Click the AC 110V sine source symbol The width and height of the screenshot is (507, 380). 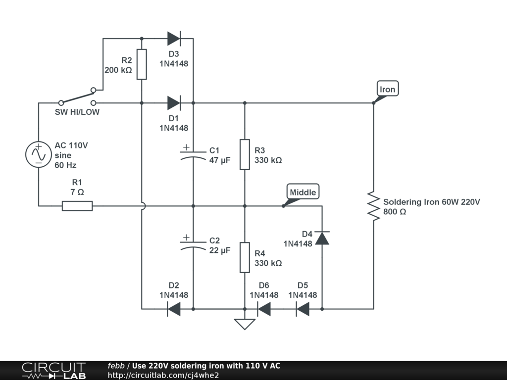pyautogui.click(x=38, y=154)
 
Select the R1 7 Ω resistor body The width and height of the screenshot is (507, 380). pyautogui.click(x=77, y=206)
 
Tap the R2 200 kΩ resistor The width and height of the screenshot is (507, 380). pyautogui.click(x=142, y=64)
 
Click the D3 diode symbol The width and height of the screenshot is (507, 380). pyautogui.click(x=173, y=39)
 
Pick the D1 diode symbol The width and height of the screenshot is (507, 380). pyautogui.click(x=173, y=103)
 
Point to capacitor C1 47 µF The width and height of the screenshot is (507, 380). pyautogui.click(x=193, y=153)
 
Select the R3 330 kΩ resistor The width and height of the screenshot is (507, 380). pyautogui.click(x=245, y=154)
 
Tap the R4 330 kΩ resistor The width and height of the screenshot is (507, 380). pyautogui.click(x=245, y=257)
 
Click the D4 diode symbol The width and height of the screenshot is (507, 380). pyautogui.click(x=322, y=238)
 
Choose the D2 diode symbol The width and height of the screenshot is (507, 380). pyautogui.click(x=173, y=309)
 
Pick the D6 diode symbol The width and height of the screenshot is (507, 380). pyautogui.click(x=264, y=309)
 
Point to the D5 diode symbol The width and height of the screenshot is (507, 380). pyautogui.click(x=303, y=309)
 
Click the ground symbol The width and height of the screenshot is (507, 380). pyautogui.click(x=245, y=324)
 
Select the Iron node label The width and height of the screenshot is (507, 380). pyautogui.click(x=387, y=89)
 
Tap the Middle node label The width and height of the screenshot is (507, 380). pyautogui.click(x=303, y=192)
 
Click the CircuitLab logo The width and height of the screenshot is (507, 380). pyautogui.click(x=53, y=371)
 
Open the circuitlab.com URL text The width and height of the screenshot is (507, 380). pyautogui.click(x=163, y=375)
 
